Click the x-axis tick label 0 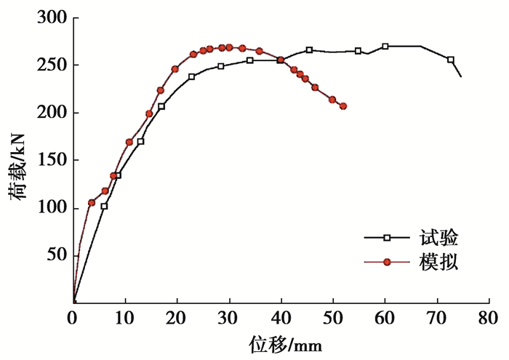click(x=73, y=317)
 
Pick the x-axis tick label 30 click(x=228, y=317)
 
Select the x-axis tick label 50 click(x=332, y=317)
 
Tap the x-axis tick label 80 click(x=488, y=317)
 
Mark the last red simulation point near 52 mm click(x=343, y=106)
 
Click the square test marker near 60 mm click(x=385, y=47)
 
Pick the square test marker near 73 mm click(x=451, y=60)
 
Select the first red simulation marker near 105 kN click(x=92, y=203)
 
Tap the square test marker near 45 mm click(x=309, y=50)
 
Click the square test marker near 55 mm click(x=358, y=51)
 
